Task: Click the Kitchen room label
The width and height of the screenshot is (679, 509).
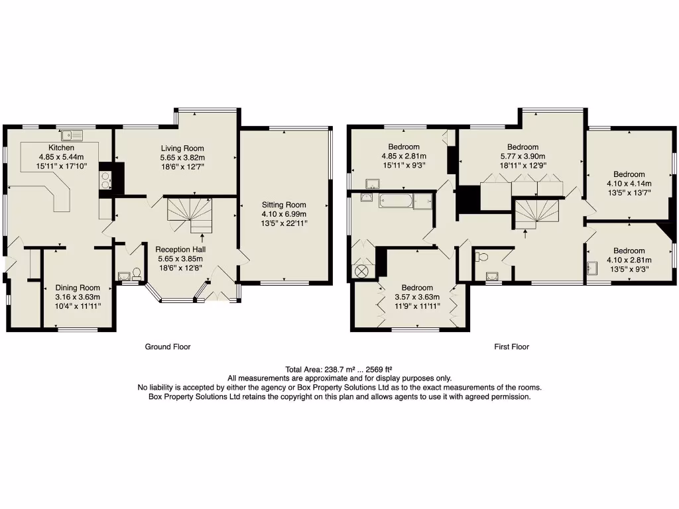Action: click(x=60, y=147)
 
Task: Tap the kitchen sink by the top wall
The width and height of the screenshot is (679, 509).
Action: click(x=71, y=136)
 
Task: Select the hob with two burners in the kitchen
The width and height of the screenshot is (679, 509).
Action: click(x=105, y=181)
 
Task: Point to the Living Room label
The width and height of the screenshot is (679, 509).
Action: click(x=182, y=148)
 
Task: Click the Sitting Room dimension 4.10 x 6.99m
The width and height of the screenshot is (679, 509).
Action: click(x=284, y=214)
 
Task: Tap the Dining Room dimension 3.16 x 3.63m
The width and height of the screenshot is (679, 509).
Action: click(x=78, y=297)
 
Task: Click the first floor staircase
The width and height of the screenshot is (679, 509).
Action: click(x=537, y=213)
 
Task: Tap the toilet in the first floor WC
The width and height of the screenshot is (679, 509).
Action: click(x=482, y=257)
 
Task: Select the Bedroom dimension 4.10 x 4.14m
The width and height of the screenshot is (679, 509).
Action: click(x=629, y=184)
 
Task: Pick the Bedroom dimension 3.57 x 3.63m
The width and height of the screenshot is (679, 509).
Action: click(x=416, y=297)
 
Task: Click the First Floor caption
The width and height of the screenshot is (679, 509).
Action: click(x=511, y=347)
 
